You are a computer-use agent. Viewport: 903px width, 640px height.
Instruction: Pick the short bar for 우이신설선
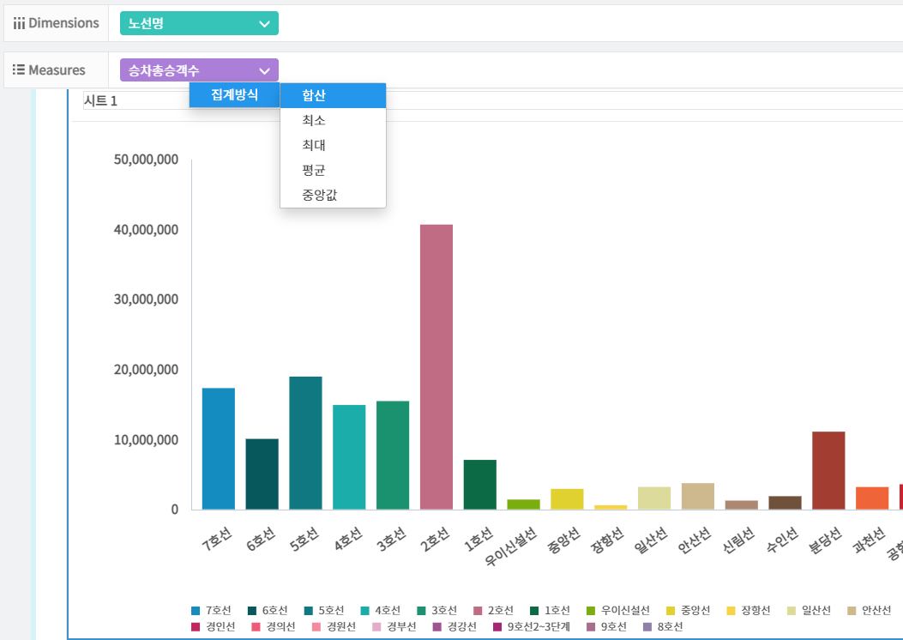tap(524, 504)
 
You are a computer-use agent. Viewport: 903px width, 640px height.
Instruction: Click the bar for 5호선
tap(305, 443)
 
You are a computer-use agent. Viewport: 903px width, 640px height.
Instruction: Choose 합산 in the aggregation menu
tap(332, 95)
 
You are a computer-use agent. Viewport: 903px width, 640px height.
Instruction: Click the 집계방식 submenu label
tap(234, 94)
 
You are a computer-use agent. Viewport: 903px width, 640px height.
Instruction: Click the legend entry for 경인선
tap(214, 627)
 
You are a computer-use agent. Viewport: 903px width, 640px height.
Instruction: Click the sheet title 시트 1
tap(100, 101)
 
